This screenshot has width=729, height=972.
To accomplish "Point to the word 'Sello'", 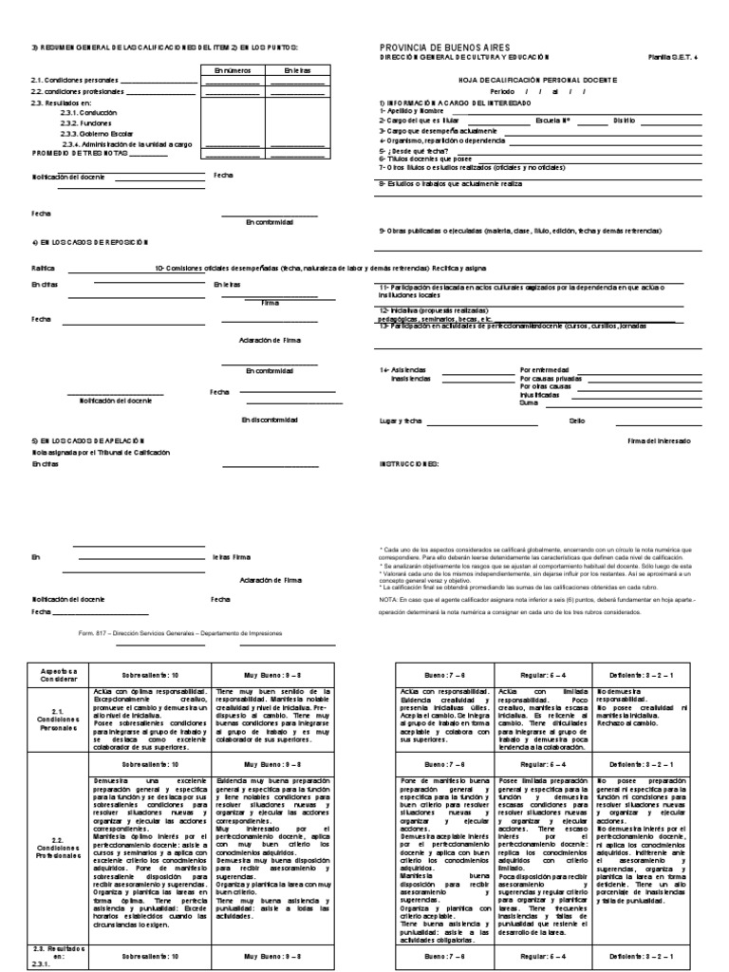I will (x=577, y=420).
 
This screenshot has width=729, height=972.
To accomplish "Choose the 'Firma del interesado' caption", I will (x=660, y=441).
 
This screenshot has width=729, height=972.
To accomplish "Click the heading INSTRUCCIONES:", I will (x=408, y=464).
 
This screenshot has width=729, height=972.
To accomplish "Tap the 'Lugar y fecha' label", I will (x=400, y=420).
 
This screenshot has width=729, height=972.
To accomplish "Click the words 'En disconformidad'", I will (x=270, y=419).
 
